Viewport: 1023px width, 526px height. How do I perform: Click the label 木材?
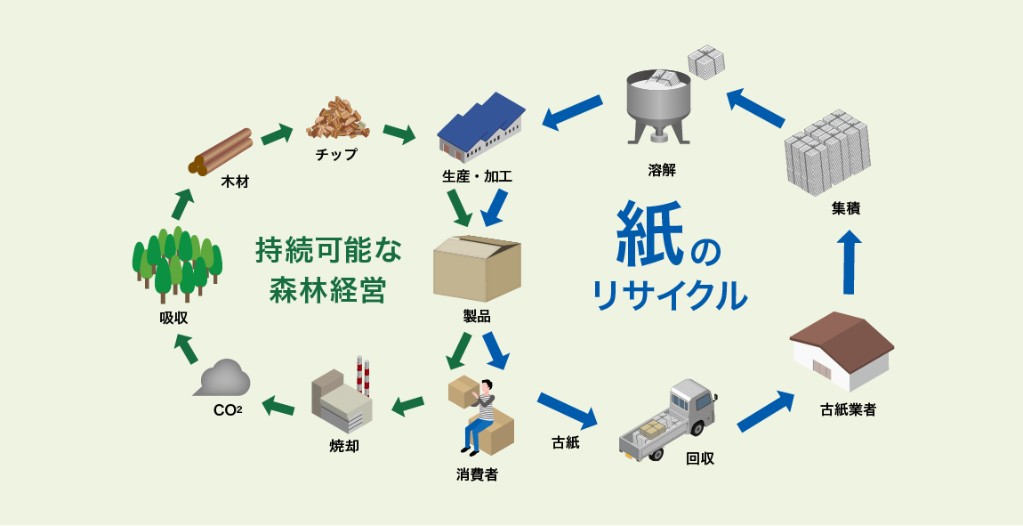click(x=235, y=182)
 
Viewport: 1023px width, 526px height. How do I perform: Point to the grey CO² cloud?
click(x=222, y=378)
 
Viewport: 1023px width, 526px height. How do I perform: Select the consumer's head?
click(x=486, y=388)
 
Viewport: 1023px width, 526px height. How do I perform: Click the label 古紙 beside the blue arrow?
click(x=566, y=441)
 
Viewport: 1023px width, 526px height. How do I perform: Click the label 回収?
click(x=700, y=458)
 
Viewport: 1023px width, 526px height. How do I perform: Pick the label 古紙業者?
click(x=848, y=410)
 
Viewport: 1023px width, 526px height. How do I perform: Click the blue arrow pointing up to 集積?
click(x=850, y=262)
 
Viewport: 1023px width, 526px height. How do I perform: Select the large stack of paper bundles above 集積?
click(x=827, y=151)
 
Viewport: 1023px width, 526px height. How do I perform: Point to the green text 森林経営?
click(x=327, y=291)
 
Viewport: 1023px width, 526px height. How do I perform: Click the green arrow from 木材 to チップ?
click(x=277, y=134)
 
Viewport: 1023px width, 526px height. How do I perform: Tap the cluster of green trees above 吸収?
click(x=176, y=263)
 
